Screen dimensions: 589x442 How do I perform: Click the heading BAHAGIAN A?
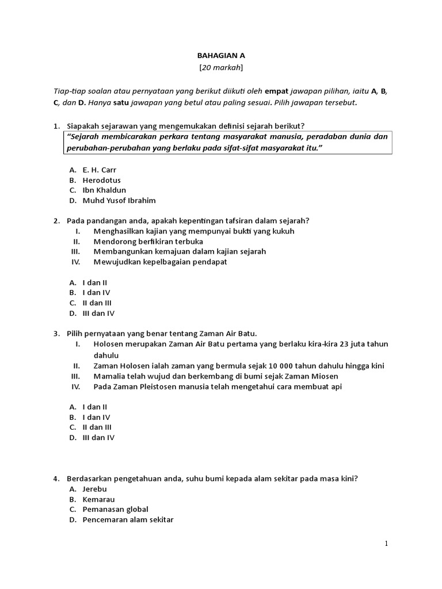click(221, 56)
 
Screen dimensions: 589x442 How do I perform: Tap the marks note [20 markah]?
click(221, 68)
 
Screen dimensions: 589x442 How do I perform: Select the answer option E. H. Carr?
click(100, 170)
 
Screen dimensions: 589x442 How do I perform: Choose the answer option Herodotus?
click(101, 180)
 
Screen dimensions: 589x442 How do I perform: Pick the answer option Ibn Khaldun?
click(104, 190)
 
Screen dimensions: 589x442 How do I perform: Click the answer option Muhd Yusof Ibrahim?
click(119, 200)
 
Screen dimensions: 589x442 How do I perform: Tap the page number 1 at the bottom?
click(387, 544)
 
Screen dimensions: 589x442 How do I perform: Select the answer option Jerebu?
click(96, 488)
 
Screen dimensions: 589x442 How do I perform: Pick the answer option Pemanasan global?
click(115, 509)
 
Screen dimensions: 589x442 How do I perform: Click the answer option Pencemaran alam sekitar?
click(128, 519)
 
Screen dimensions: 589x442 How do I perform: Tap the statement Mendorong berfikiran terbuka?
click(148, 242)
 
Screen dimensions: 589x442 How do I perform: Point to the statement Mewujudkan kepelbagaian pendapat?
click(160, 262)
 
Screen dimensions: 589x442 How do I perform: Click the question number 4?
click(56, 478)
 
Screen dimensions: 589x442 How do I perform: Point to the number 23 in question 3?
click(341, 344)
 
